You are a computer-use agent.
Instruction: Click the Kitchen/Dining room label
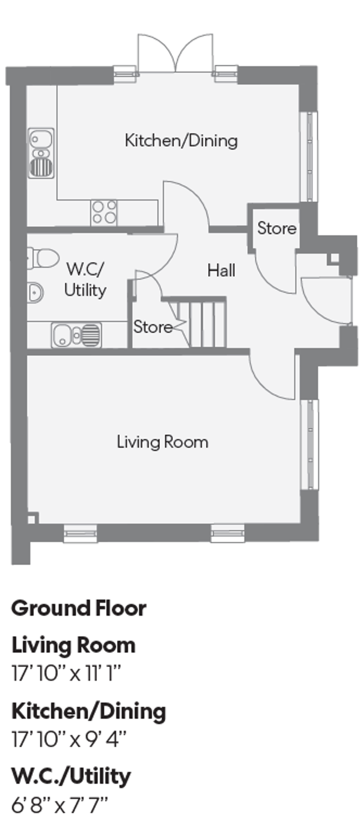point(181,140)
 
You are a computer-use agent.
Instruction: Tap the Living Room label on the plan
point(162,442)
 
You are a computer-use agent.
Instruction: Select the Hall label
point(221,270)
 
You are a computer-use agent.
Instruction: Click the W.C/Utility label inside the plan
point(85,280)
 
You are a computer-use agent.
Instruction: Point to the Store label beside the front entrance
point(276,228)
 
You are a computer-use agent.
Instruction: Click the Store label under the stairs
point(153,327)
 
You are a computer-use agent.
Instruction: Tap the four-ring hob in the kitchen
point(104,212)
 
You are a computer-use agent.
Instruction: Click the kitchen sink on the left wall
point(41,153)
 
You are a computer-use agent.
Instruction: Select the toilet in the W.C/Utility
point(44,258)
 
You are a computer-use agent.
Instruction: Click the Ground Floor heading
point(78,608)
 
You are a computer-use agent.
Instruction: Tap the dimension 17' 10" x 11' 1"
point(66,674)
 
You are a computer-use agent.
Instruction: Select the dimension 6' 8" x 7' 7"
point(59,805)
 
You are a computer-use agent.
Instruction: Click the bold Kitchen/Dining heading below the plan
point(88,711)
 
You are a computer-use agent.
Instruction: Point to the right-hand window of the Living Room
point(310,443)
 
